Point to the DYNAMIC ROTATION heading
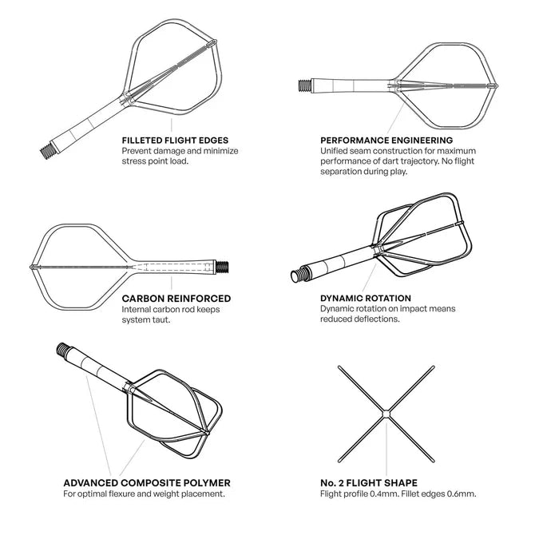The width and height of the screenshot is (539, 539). click(366, 298)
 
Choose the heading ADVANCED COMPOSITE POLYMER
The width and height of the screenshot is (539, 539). click(146, 483)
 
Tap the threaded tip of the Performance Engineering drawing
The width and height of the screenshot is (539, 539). click(303, 82)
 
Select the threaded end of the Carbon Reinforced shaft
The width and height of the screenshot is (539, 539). click(224, 265)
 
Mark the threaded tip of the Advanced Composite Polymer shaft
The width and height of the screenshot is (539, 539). click(62, 350)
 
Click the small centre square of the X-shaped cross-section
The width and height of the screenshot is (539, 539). click(386, 412)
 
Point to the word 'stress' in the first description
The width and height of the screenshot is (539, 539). click(135, 161)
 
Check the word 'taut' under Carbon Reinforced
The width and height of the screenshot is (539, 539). click(163, 319)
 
